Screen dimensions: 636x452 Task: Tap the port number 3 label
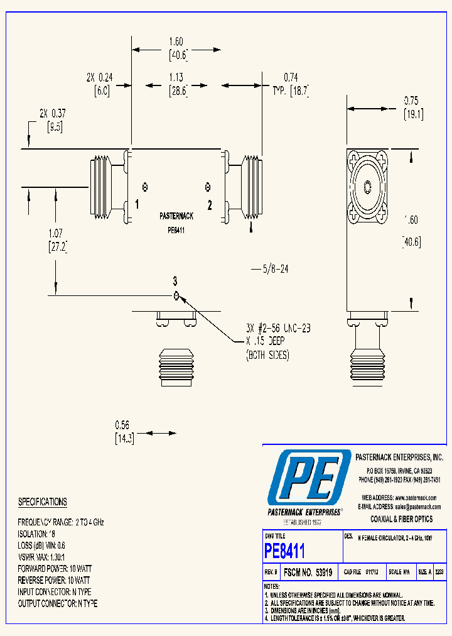[x=176, y=280]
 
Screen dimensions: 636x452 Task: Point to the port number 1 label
[x=136, y=205]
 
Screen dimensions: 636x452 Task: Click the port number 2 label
[x=210, y=205]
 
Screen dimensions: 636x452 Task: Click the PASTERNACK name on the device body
[x=176, y=216]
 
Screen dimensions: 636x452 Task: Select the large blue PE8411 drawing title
[x=284, y=551]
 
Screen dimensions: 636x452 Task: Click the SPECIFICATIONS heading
[x=42, y=502]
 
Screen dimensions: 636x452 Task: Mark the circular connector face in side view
[x=367, y=187]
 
